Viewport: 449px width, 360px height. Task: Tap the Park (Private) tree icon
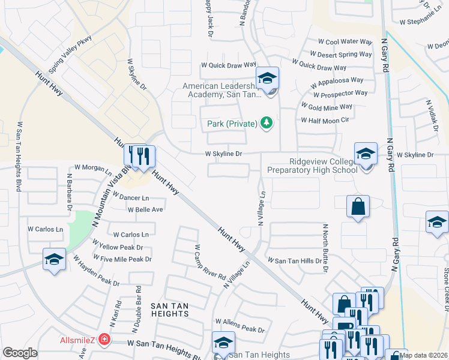tap(267, 124)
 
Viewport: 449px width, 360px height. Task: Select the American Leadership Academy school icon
tap(268, 79)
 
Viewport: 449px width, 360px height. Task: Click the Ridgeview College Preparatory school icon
tap(365, 154)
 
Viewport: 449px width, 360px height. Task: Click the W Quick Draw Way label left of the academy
tap(229, 64)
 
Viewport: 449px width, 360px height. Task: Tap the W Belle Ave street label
tap(145, 209)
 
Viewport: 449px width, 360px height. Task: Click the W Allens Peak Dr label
tap(240, 329)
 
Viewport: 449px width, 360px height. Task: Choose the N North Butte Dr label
tap(325, 248)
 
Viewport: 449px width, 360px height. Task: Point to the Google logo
tap(20, 353)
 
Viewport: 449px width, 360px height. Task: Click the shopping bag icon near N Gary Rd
tap(358, 207)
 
